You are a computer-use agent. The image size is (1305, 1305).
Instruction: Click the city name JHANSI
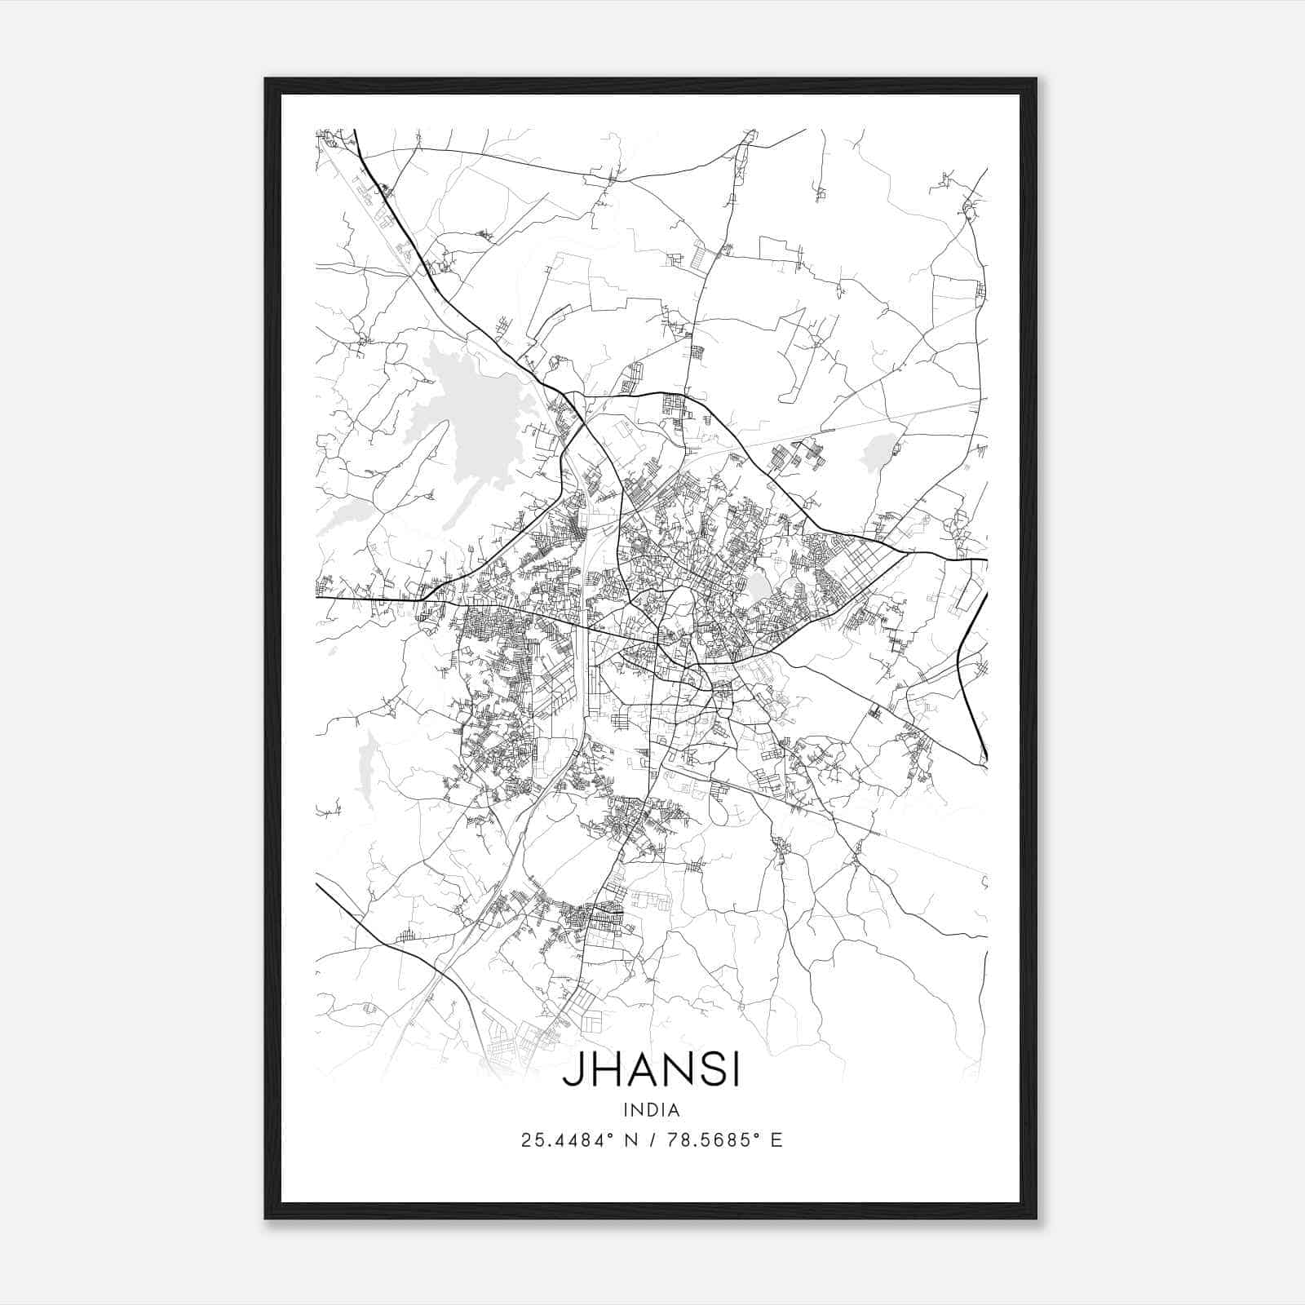pos(651,1071)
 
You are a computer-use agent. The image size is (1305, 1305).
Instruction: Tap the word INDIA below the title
pos(651,1110)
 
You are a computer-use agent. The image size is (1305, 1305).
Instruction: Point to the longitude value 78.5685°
pos(706,1140)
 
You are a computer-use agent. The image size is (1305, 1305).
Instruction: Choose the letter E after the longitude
pos(776,1140)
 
